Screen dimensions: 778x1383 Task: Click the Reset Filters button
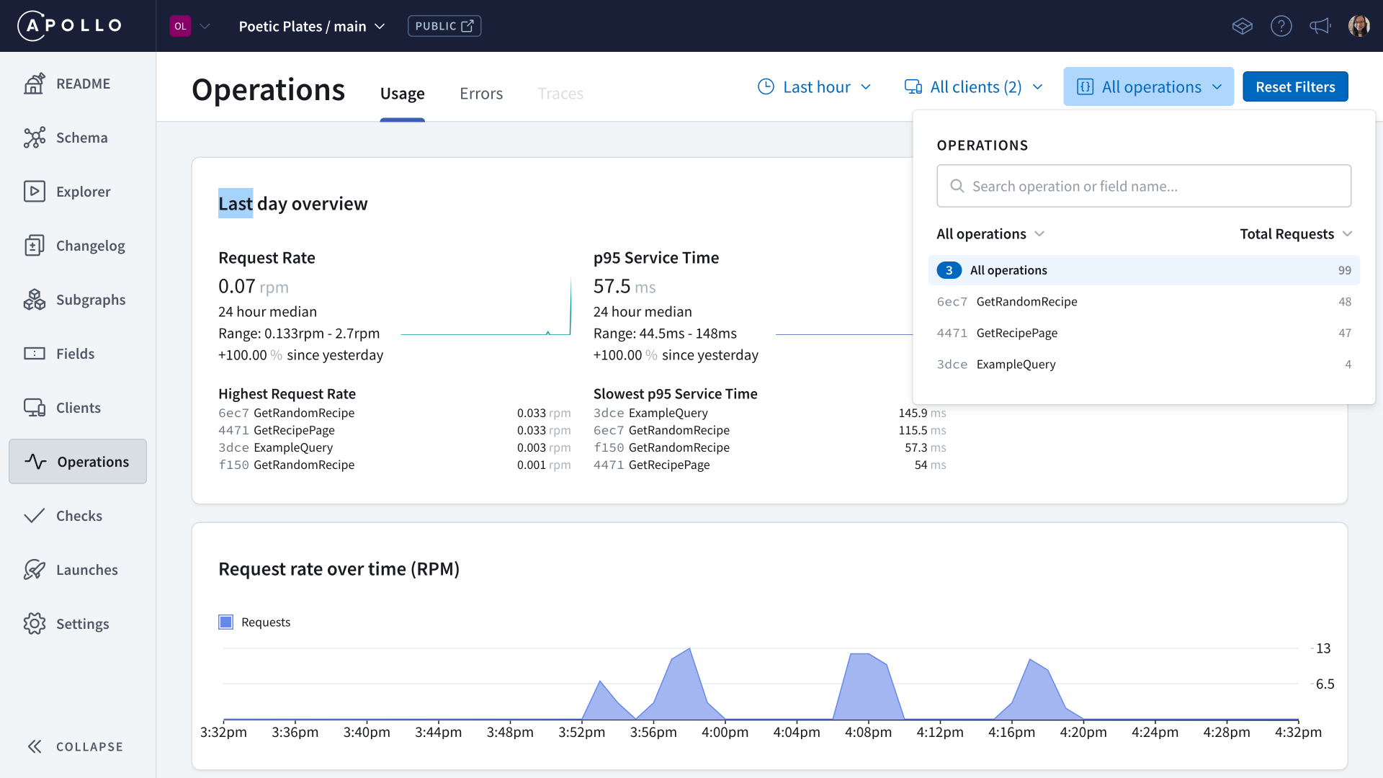1294,87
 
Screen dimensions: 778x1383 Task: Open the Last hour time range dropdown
815,87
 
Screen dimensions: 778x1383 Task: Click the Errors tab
481,94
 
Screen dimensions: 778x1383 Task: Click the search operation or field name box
1143,187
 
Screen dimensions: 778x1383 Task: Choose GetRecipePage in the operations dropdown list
1016,333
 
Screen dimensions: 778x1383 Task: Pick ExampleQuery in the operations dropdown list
1016,365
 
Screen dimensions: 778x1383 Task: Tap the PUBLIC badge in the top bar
444,26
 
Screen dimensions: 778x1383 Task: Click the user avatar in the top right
1359,26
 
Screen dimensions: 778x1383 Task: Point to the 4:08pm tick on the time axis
868,732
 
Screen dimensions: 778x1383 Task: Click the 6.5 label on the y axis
1325,684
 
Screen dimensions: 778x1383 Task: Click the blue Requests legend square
226,622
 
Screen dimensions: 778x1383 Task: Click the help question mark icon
1281,26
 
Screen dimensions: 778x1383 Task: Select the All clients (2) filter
974,87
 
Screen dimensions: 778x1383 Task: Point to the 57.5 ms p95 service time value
624,287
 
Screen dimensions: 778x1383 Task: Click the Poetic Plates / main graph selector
311,27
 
